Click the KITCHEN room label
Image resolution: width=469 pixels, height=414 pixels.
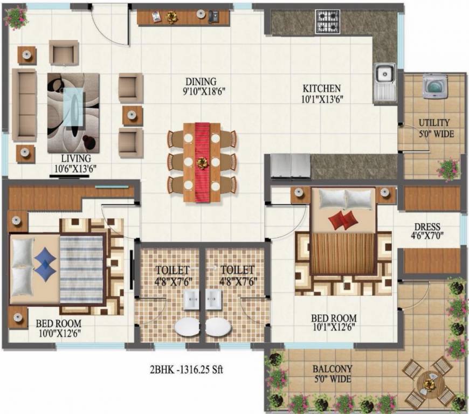[321, 88]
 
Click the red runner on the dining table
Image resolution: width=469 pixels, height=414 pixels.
[203, 162]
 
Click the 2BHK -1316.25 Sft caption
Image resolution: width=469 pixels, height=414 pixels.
[187, 370]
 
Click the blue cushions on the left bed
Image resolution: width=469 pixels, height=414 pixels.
[45, 260]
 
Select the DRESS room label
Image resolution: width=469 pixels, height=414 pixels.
[427, 227]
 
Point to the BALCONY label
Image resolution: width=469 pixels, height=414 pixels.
[333, 369]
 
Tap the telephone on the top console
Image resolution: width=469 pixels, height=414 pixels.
[213, 17]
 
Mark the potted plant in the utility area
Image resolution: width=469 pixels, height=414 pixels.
[449, 169]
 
